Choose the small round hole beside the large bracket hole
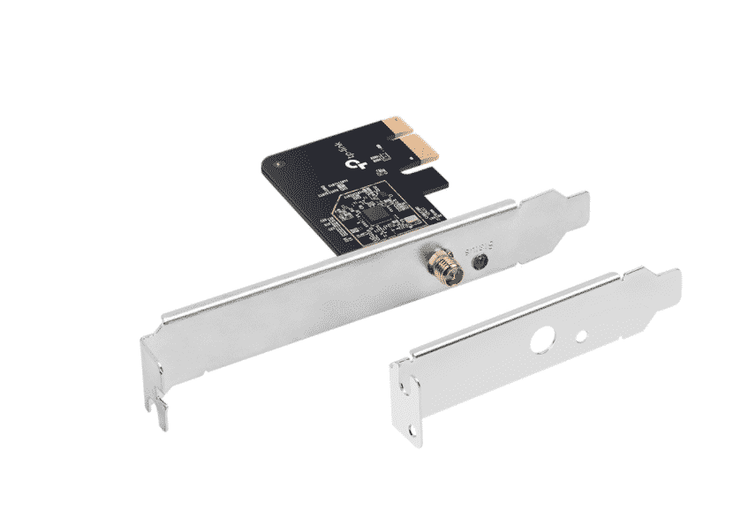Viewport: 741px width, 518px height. (x=581, y=334)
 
